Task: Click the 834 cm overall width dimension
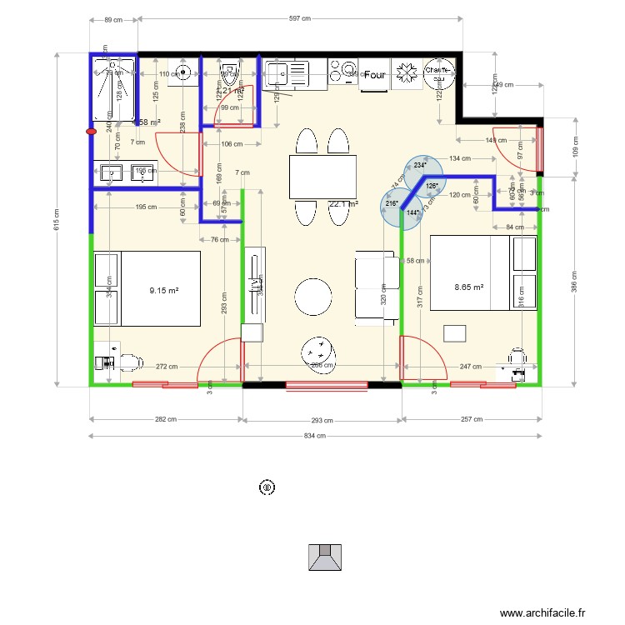tap(315, 435)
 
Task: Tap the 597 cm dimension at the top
tap(300, 18)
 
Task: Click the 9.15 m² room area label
tap(164, 291)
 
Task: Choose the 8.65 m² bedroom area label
tap(468, 287)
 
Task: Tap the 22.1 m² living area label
tap(343, 203)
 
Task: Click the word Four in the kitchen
tap(375, 75)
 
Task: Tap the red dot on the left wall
tap(91, 131)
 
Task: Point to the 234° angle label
tap(418, 166)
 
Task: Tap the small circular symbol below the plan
tap(267, 487)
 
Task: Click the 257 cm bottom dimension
tap(471, 419)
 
